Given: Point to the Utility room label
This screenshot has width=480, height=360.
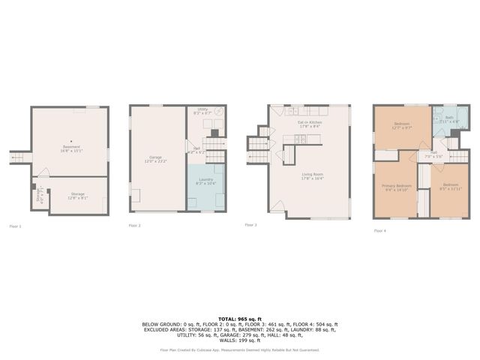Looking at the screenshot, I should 202,109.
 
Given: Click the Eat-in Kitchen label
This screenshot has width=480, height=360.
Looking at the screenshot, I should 309,122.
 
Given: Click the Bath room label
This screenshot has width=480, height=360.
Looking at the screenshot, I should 448,118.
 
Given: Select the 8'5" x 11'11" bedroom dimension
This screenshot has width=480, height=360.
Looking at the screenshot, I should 450,190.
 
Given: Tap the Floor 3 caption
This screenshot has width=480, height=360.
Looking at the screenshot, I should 250,224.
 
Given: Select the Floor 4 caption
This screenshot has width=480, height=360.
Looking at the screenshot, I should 379,231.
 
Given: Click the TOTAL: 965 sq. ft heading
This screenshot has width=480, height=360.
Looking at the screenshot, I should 239,318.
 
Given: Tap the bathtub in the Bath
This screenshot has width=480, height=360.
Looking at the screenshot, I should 461,118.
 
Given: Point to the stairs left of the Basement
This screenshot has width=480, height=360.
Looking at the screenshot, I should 19,157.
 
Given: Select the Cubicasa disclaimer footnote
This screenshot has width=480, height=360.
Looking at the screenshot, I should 239,349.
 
